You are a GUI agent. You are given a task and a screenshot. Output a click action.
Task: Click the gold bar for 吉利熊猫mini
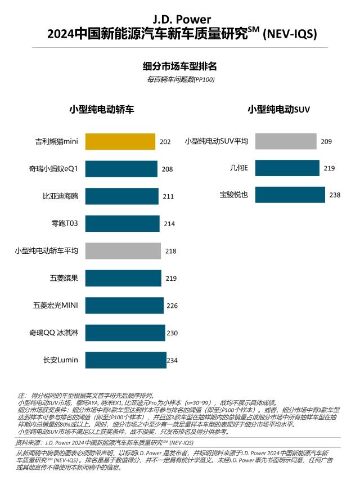[x=120, y=142]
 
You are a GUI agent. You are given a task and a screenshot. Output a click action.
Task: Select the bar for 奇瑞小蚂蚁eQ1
[x=121, y=169]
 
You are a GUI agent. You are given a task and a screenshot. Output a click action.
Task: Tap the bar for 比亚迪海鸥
[x=122, y=196]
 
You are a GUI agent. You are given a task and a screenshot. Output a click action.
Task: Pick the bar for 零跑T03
[x=123, y=223]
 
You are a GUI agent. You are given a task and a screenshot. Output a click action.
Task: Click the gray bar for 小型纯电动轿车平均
[x=123, y=251]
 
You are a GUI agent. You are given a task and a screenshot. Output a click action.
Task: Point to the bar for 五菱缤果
[x=123, y=278]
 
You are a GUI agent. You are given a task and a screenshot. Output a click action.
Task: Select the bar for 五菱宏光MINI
[x=124, y=306]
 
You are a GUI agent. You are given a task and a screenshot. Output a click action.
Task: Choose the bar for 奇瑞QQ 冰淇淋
[x=125, y=333]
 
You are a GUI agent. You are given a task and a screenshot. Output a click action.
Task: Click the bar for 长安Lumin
[x=126, y=360]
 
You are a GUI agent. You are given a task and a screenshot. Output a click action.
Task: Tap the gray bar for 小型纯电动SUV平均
[x=286, y=141]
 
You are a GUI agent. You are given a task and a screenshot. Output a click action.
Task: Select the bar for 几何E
[x=288, y=168]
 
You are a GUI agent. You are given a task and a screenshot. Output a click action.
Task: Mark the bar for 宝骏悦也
[x=290, y=195]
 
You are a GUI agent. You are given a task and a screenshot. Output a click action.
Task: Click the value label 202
[x=165, y=142]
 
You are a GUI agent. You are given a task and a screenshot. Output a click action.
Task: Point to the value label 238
[x=335, y=195]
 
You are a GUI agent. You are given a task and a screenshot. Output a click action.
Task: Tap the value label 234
[x=173, y=360]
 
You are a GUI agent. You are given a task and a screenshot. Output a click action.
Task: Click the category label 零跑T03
[x=65, y=224]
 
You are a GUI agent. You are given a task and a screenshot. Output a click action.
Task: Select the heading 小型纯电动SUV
[x=279, y=110]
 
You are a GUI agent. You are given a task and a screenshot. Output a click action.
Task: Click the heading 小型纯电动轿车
[x=101, y=109]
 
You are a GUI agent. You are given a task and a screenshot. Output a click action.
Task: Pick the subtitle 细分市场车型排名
[x=180, y=66]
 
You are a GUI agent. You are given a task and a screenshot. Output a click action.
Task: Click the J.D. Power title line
[x=180, y=20]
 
